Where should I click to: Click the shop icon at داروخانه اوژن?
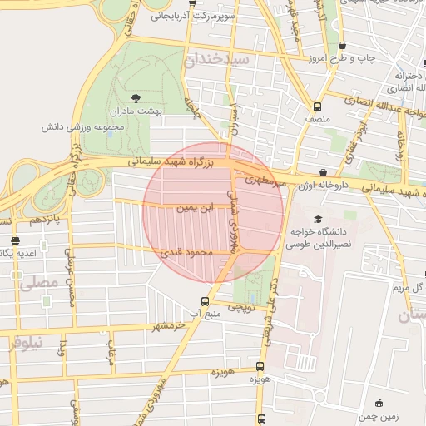(x=322, y=172)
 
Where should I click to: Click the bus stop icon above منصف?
(x=317, y=106)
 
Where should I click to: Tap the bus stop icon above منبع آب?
(x=205, y=301)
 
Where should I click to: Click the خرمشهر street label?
(x=167, y=324)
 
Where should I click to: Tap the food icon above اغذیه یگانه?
(x=16, y=240)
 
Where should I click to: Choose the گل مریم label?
(x=409, y=287)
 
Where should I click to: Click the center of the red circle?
(x=213, y=212)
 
